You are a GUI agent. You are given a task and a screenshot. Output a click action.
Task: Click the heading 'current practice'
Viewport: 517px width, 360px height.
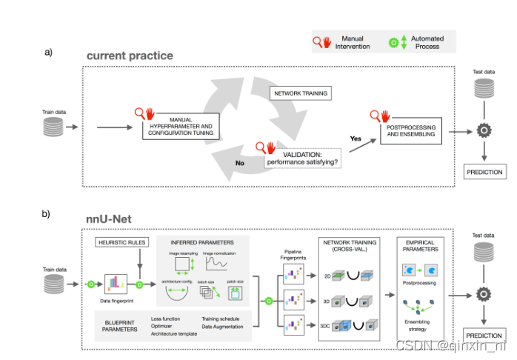130,56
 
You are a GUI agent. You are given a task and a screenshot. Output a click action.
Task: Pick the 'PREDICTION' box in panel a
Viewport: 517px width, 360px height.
484,172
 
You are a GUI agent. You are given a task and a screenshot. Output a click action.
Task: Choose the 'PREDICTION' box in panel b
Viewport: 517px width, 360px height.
484,335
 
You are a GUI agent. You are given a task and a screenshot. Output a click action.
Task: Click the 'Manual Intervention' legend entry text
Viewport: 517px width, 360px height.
353,42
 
